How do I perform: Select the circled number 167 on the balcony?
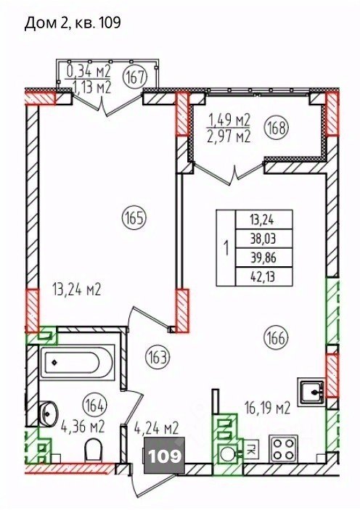135,77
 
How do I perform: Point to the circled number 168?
277,128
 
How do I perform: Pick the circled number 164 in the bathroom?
94,406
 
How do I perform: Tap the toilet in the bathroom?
94,450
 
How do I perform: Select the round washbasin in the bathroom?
48,413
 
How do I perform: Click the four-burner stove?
282,449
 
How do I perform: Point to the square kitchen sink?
311,392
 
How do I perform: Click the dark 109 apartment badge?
164,456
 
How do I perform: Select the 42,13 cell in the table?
263,277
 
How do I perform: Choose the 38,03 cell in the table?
263,239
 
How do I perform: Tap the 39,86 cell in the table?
263,258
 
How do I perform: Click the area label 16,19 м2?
267,408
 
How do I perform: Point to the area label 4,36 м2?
82,427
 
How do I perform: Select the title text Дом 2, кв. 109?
73,23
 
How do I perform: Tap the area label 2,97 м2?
229,136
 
